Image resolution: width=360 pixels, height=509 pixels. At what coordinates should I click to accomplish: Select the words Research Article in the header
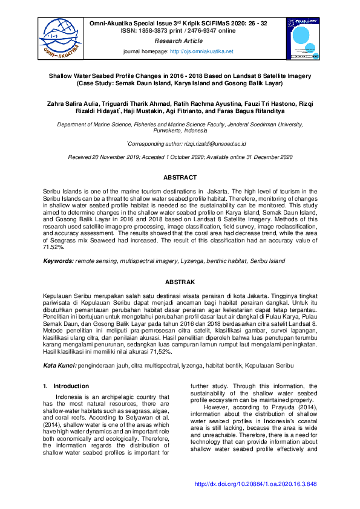178,41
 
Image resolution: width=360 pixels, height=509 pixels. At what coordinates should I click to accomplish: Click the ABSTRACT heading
180,178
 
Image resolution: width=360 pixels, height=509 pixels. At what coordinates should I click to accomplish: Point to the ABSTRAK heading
180,282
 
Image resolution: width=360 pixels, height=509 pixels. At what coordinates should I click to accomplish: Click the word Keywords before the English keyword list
57,261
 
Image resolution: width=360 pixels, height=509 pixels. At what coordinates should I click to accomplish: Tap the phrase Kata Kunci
59,366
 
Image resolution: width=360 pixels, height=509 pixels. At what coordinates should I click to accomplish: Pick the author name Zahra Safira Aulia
74,104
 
